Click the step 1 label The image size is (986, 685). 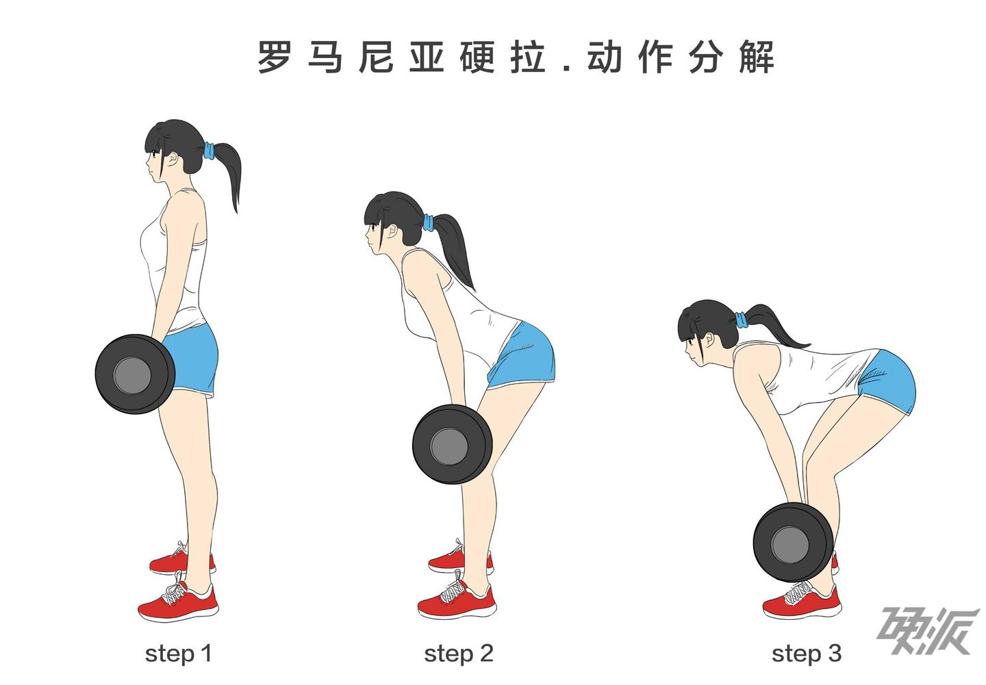click(x=178, y=654)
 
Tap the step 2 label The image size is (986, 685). click(x=459, y=654)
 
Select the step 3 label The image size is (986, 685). click(x=807, y=654)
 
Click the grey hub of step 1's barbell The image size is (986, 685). click(x=132, y=375)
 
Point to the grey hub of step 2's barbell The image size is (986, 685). click(x=449, y=446)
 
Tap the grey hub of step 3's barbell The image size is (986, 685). click(x=790, y=545)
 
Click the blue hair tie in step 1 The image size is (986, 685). click(x=209, y=151)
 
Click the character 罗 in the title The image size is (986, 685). click(x=274, y=57)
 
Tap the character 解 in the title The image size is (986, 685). click(x=757, y=57)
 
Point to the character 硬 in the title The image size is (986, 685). click(x=478, y=57)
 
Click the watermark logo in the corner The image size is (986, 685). click(x=929, y=632)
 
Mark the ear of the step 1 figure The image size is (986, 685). click(x=173, y=159)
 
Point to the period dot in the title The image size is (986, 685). click(x=566, y=67)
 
